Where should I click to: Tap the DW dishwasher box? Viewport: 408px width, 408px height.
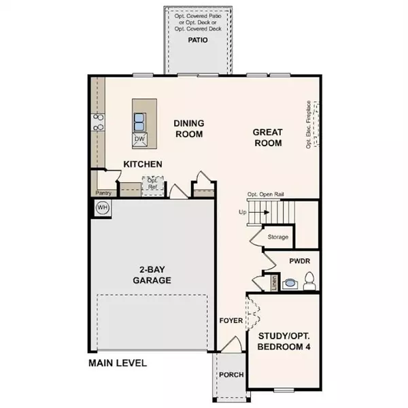(139, 139)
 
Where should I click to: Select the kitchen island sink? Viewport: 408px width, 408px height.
(139, 122)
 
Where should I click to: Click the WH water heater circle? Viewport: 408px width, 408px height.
(102, 207)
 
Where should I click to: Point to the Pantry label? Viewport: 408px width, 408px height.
(103, 192)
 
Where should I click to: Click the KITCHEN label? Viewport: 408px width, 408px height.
(143, 165)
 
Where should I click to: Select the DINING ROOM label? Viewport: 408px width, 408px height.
(188, 129)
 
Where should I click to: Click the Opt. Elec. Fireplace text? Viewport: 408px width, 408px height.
(309, 124)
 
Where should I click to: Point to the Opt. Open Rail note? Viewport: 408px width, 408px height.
(265, 194)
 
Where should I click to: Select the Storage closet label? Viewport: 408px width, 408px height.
(277, 237)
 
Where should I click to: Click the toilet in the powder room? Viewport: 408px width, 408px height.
(309, 279)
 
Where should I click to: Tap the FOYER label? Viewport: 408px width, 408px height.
(231, 320)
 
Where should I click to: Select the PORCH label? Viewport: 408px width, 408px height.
(231, 375)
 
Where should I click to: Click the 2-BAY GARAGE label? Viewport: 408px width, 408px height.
(152, 274)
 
